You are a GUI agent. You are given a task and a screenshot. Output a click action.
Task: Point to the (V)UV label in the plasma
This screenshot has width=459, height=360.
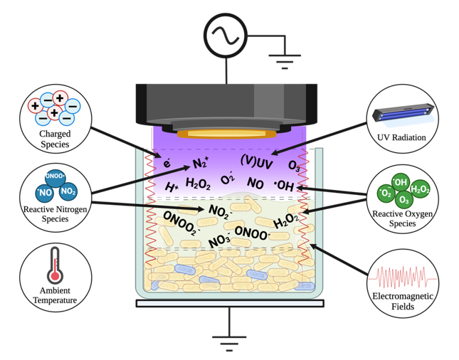256,163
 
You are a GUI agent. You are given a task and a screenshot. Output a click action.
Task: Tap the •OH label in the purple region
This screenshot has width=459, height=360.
283,186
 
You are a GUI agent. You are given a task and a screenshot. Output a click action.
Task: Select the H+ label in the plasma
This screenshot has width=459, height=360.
172,187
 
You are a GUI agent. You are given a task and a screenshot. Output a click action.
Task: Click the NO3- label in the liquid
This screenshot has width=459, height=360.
219,242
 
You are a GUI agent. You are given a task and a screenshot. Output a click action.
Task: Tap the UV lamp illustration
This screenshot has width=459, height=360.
403,114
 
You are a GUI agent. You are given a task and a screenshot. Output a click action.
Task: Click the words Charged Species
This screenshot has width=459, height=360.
55,139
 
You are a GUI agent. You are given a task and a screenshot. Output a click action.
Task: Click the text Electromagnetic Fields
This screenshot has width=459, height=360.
403,302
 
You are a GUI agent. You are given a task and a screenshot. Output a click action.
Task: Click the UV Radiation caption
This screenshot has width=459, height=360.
403,137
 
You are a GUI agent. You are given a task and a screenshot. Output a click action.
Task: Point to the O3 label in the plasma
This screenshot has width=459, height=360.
294,165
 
